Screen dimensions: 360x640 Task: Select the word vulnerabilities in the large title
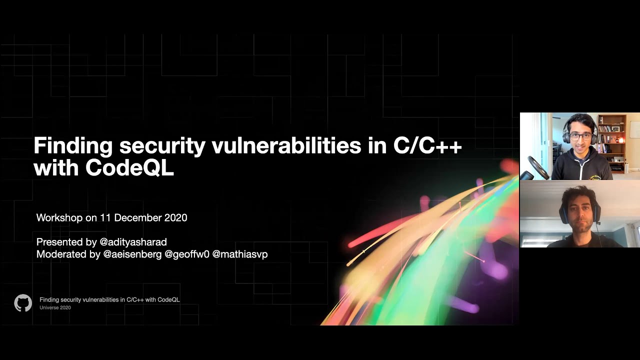pos(286,146)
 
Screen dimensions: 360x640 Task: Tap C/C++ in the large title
pos(427,146)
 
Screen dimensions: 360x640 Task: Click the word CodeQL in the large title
pos(129,168)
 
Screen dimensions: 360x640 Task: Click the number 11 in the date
pos(105,218)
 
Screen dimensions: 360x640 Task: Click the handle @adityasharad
pos(133,242)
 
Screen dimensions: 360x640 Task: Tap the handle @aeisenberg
pos(132,254)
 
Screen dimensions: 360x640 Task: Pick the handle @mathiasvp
pos(240,254)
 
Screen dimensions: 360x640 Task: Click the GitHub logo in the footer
pos(23,303)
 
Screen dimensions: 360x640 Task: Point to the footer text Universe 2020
pos(55,308)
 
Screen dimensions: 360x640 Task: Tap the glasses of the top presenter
pos(580,136)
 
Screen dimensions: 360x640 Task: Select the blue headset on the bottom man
pos(563,213)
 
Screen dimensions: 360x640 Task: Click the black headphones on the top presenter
pos(566,133)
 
